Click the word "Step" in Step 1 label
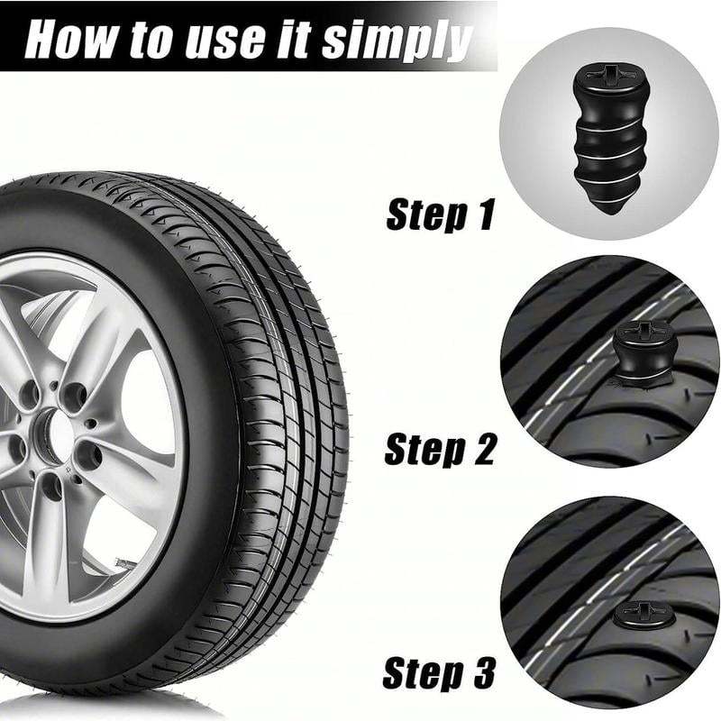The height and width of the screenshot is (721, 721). point(425,215)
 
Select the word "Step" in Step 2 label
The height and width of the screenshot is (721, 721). point(424,449)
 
